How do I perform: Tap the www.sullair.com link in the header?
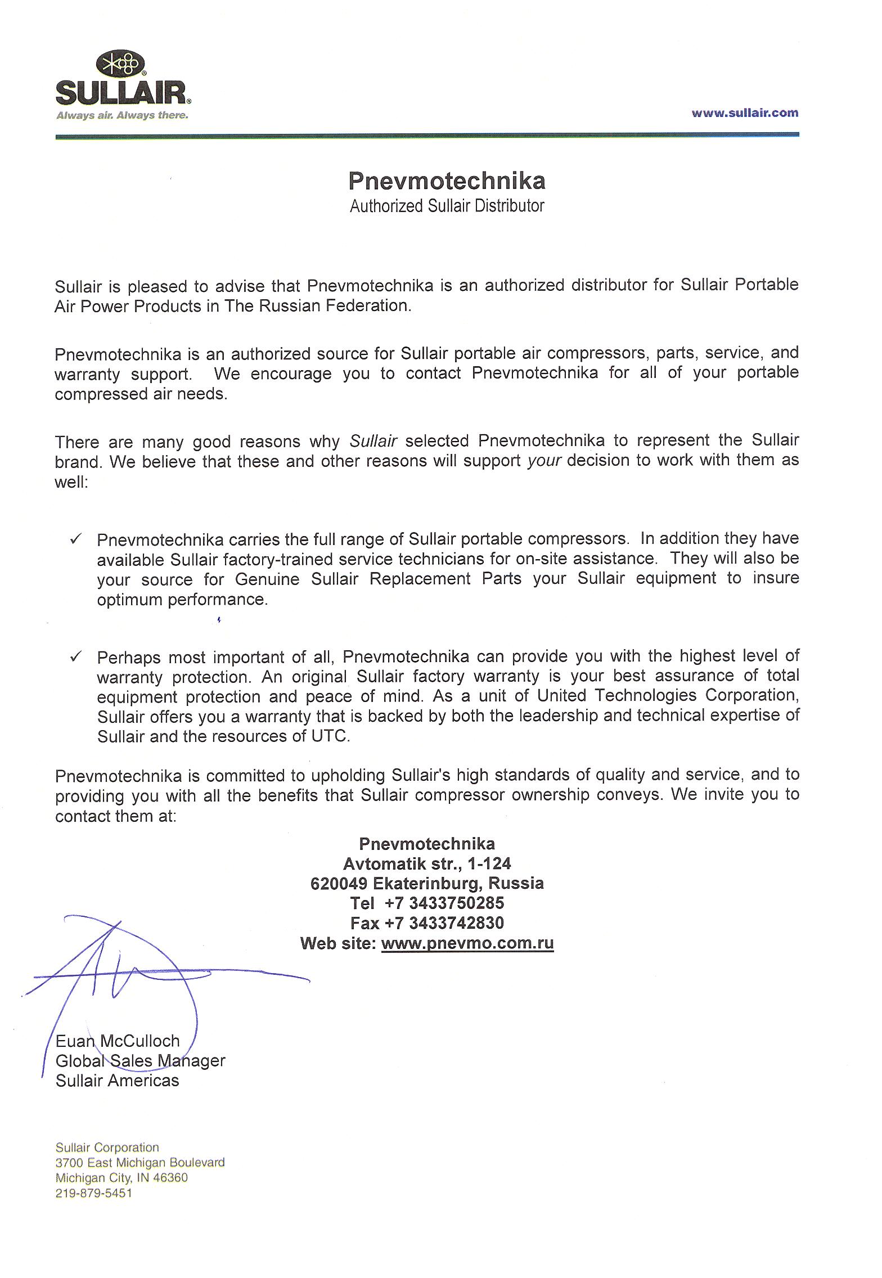pyautogui.click(x=744, y=113)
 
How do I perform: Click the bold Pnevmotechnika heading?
pyautogui.click(x=447, y=181)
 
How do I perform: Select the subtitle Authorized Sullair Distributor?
pyautogui.click(x=447, y=206)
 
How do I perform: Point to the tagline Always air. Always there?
pyautogui.click(x=121, y=115)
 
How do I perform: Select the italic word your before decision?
pyautogui.click(x=544, y=460)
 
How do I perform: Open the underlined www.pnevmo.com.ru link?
pyautogui.click(x=467, y=943)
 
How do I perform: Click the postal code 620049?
pyautogui.click(x=339, y=883)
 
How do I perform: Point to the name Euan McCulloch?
pyautogui.click(x=118, y=1041)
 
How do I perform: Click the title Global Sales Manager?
pyautogui.click(x=140, y=1061)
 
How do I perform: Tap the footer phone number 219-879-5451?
pyautogui.click(x=93, y=1193)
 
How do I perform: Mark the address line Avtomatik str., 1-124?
pyautogui.click(x=427, y=863)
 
